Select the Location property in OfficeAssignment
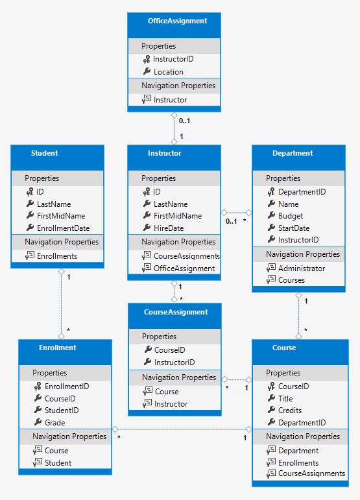pyautogui.click(x=168, y=72)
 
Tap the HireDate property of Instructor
pyautogui.click(x=168, y=228)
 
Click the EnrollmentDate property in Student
pyautogui.click(x=63, y=228)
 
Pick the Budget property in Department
pyautogui.click(x=290, y=216)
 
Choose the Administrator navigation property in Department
pyautogui.click(x=302, y=268)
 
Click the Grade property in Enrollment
pyautogui.click(x=54, y=423)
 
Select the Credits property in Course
pyautogui.click(x=289, y=411)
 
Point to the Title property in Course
pyautogui.click(x=285, y=399)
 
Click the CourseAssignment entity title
pyautogui.click(x=175, y=312)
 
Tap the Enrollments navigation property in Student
pyautogui.click(x=56, y=256)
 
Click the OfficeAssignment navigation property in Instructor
pyautogui.click(x=184, y=268)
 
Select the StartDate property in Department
pyautogui.click(x=293, y=228)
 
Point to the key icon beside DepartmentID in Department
pyautogui.click(x=271, y=192)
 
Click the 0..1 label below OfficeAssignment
pyautogui.click(x=184, y=121)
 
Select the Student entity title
pyautogui.click(x=44, y=154)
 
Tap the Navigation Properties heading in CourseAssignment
pyautogui.click(x=178, y=377)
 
